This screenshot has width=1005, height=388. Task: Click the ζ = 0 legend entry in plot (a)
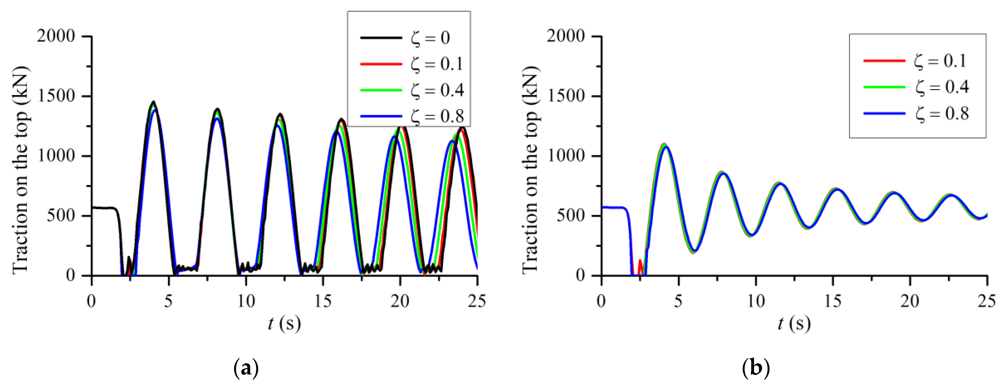coord(430,38)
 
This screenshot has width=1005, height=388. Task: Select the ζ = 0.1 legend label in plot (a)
coord(437,64)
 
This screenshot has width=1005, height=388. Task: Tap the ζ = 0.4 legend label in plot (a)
coord(437,90)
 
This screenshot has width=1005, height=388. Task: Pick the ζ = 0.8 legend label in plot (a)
coord(437,116)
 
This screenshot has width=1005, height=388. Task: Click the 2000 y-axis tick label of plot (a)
coord(56,36)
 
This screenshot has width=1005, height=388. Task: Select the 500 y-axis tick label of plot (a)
coord(61,215)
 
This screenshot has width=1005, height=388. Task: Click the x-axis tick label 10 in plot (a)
coord(246,301)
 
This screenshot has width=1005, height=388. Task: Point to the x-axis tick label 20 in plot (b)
coord(910,301)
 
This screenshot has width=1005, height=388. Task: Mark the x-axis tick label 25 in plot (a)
coord(477,301)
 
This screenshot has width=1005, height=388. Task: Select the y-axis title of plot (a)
coord(22,170)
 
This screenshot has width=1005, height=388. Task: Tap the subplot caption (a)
coord(246,368)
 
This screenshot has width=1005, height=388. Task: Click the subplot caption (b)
coord(756,368)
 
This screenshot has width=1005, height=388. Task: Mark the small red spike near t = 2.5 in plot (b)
coord(640,261)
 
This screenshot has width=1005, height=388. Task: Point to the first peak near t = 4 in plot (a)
coord(153,102)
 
